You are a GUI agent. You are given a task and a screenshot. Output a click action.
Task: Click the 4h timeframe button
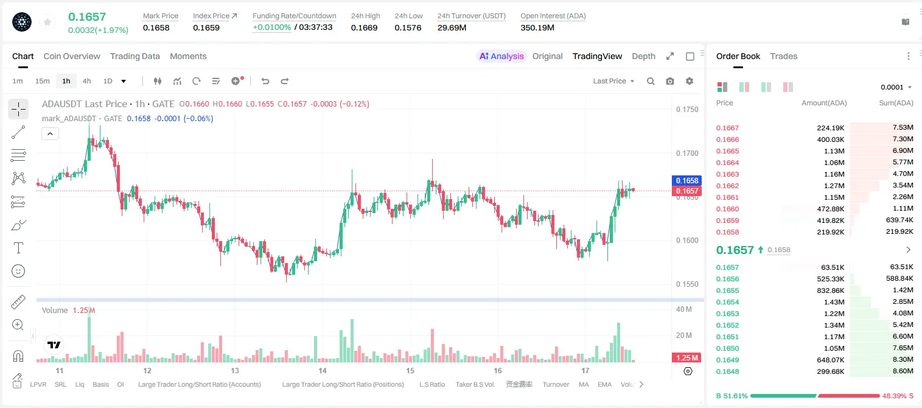pyautogui.click(x=86, y=81)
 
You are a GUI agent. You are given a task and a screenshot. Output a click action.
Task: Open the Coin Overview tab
pyautogui.click(x=72, y=57)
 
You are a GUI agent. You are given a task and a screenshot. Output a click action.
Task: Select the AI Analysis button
pyautogui.click(x=501, y=57)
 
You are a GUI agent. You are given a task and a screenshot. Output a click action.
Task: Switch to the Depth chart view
pyautogui.click(x=643, y=57)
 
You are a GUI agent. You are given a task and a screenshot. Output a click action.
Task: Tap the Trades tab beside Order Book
pyautogui.click(x=783, y=57)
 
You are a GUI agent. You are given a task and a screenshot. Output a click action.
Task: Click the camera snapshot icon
pyautogui.click(x=669, y=81)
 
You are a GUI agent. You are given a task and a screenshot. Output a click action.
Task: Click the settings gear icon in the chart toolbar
pyautogui.click(x=690, y=81)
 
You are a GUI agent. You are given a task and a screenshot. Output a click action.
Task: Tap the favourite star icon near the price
pyautogui.click(x=47, y=22)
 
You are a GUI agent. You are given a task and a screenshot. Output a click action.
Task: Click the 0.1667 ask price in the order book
pyautogui.click(x=727, y=128)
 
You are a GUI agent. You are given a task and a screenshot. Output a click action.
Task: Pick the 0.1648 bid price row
pyautogui.click(x=727, y=371)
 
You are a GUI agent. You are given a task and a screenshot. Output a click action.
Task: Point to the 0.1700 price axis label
pyautogui.click(x=687, y=153)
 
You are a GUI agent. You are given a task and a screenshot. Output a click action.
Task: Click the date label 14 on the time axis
pyautogui.click(x=323, y=370)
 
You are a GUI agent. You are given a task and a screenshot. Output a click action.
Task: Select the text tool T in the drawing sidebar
pyautogui.click(x=18, y=248)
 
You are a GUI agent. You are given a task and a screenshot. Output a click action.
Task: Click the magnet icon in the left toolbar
pyautogui.click(x=18, y=356)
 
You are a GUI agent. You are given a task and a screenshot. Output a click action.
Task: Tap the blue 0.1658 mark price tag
pyautogui.click(x=686, y=180)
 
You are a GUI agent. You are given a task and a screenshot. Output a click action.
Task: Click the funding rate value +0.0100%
pyautogui.click(x=271, y=27)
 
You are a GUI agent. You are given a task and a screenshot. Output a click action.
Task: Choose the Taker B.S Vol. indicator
pyautogui.click(x=475, y=384)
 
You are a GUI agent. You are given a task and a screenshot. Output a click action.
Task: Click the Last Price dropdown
pyautogui.click(x=613, y=81)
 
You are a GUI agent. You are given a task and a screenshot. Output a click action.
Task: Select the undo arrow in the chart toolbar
pyautogui.click(x=265, y=81)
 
